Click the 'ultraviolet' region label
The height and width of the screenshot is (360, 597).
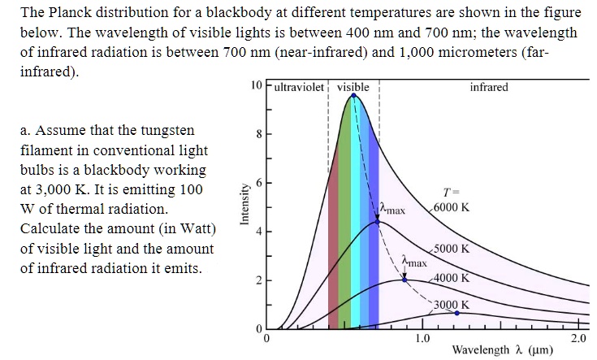point(300,87)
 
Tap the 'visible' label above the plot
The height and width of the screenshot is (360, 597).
point(353,87)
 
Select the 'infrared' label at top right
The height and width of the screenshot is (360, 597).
point(489,87)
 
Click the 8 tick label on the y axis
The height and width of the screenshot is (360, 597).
point(258,135)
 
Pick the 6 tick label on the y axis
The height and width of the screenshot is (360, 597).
point(258,183)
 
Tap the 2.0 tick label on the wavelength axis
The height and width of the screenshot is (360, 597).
point(578,337)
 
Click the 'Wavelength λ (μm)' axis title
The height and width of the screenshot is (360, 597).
point(502,350)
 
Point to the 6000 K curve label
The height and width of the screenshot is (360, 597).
point(451,206)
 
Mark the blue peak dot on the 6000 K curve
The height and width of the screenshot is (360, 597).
point(353,95)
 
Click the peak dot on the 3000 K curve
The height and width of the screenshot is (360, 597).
point(456,312)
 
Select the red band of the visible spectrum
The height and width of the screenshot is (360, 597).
point(333,236)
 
